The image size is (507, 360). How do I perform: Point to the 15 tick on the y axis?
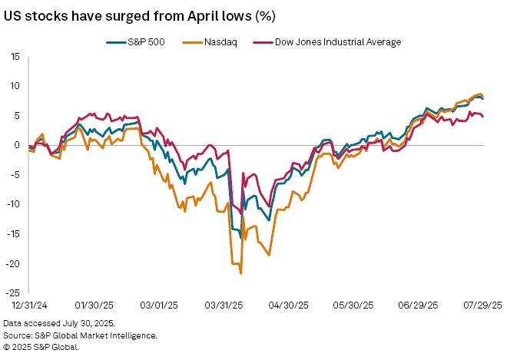15,56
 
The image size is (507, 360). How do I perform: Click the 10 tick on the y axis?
15,86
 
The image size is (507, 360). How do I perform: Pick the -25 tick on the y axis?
12,293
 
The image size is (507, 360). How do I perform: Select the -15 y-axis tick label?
12,234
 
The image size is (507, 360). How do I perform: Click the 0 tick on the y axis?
17,145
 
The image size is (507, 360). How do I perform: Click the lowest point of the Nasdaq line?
241,273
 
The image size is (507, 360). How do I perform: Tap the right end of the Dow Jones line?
482,117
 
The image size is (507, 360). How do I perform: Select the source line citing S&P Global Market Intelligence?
81,335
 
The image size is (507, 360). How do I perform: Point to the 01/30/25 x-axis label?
94,305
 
